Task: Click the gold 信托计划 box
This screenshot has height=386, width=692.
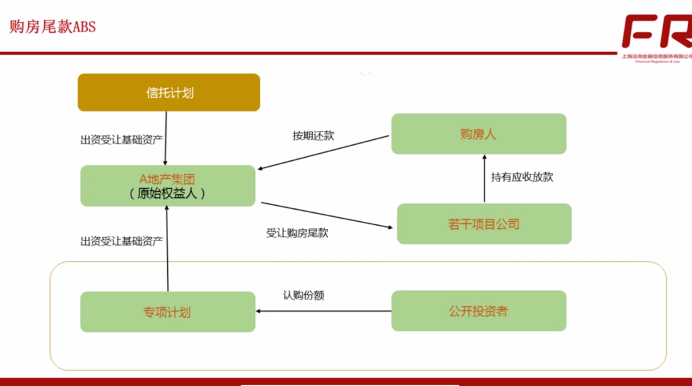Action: (x=169, y=92)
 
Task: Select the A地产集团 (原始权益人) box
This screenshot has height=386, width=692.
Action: (x=168, y=185)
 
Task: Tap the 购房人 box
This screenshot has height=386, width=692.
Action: (x=479, y=134)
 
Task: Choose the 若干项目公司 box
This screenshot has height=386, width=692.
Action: (x=484, y=224)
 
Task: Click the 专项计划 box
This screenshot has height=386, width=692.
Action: (x=168, y=312)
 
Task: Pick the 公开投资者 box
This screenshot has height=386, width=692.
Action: (x=479, y=311)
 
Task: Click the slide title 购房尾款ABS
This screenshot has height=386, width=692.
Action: (x=53, y=28)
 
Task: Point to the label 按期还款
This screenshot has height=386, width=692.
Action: (x=313, y=135)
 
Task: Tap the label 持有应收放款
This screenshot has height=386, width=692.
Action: (x=522, y=177)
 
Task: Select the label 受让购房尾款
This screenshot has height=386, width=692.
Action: (x=297, y=233)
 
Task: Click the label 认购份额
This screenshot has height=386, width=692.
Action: (x=308, y=296)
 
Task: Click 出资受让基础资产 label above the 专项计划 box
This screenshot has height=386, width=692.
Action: (x=122, y=241)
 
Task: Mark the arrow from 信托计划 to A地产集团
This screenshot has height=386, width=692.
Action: (x=166, y=138)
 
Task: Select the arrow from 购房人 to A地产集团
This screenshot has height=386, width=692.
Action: (x=324, y=153)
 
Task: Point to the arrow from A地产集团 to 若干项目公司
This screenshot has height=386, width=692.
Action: (x=327, y=215)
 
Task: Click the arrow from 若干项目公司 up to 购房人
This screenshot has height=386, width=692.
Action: (x=485, y=179)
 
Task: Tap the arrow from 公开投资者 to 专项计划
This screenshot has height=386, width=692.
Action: (x=324, y=311)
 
